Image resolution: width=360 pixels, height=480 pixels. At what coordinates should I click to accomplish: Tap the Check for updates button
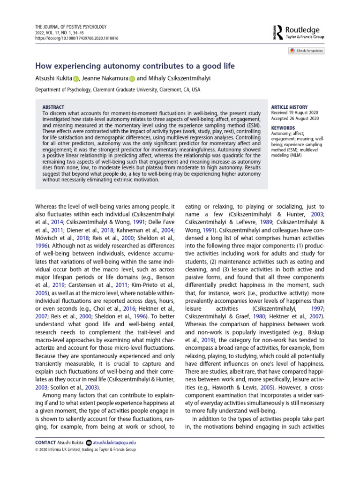pyautogui.click(x=306, y=51)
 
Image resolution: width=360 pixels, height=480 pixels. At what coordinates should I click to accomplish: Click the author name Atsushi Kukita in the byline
pyautogui.click(x=54, y=78)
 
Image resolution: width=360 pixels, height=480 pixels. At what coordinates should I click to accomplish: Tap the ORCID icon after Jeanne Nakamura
pyautogui.click(x=132, y=79)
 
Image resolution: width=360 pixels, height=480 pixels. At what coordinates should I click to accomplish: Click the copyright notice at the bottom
pyautogui.click(x=86, y=450)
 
